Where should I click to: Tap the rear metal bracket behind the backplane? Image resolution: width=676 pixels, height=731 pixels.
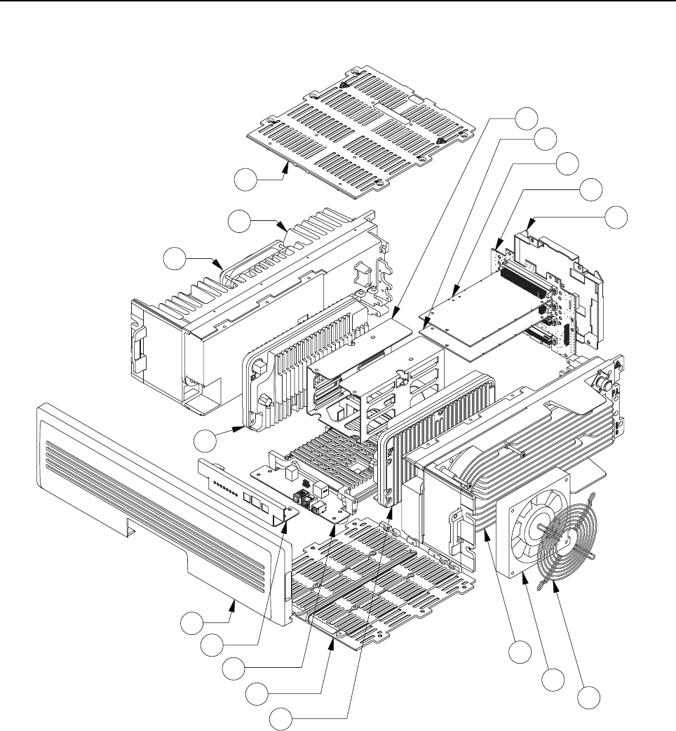[561, 281]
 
